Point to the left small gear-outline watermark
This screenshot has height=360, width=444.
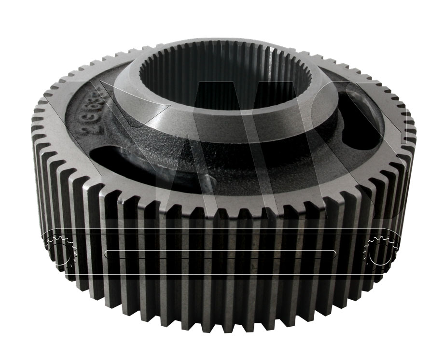click(61, 250)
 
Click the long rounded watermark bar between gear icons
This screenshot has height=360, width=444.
click(220, 254)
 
